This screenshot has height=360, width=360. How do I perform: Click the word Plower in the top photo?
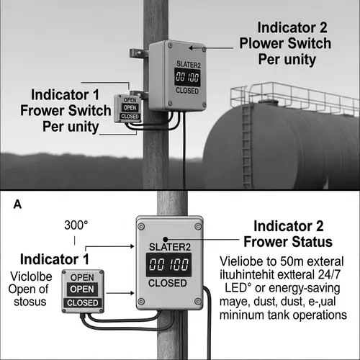(266, 45)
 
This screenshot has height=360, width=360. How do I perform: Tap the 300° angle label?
(76, 225)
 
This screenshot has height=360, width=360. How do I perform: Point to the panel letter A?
(17, 204)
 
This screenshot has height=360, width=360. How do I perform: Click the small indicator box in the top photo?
(130, 108)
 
